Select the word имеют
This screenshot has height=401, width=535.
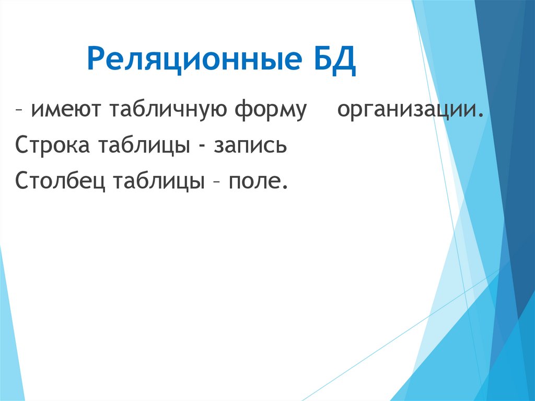click(x=64, y=111)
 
